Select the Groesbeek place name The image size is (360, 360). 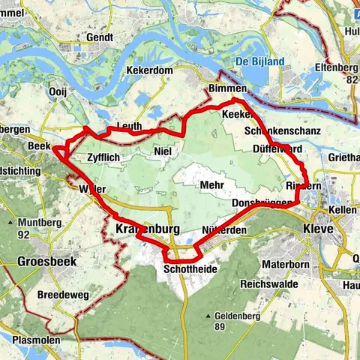pos(45,263)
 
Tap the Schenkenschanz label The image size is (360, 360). pos(283,131)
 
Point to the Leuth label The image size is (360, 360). pos(129,127)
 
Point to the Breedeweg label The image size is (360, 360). pos(64,295)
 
